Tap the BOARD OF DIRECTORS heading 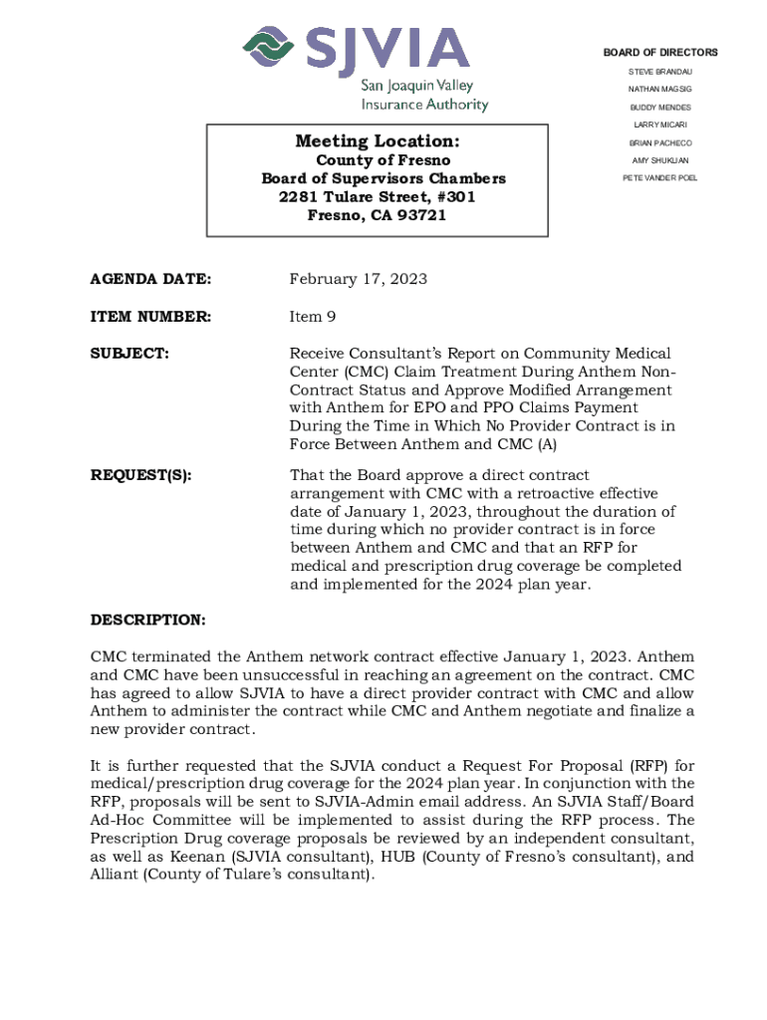pyautogui.click(x=659, y=53)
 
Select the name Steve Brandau pyautogui.click(x=659, y=72)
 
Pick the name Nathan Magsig pyautogui.click(x=659, y=90)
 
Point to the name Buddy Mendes pyautogui.click(x=659, y=108)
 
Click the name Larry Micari pyautogui.click(x=659, y=125)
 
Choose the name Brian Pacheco pyautogui.click(x=659, y=142)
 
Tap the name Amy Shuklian pyautogui.click(x=659, y=160)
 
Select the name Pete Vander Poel pyautogui.click(x=659, y=177)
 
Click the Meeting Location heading pyautogui.click(x=377, y=141)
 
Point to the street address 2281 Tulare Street pyautogui.click(x=377, y=197)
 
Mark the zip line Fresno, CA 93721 pyautogui.click(x=377, y=215)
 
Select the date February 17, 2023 pyautogui.click(x=358, y=279)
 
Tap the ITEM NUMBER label pyautogui.click(x=150, y=317)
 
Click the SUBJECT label pyautogui.click(x=129, y=354)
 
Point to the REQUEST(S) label pyautogui.click(x=141, y=476)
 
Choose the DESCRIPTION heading pyautogui.click(x=148, y=621)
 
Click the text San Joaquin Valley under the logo pyautogui.click(x=416, y=86)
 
